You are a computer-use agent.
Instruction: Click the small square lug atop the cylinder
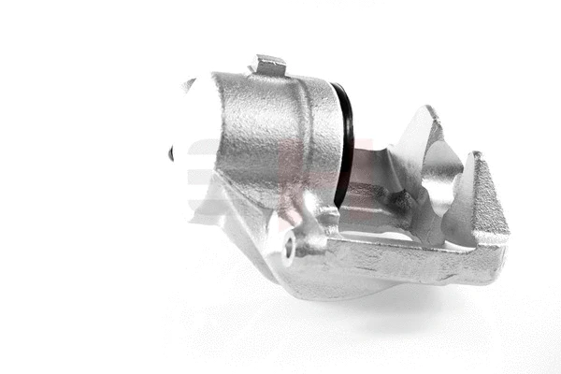[270, 65]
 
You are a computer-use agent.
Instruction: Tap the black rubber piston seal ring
[345, 140]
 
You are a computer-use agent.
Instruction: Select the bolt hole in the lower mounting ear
[289, 248]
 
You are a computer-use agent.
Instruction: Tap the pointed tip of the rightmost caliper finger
[478, 156]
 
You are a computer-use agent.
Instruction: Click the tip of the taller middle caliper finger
[429, 113]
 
